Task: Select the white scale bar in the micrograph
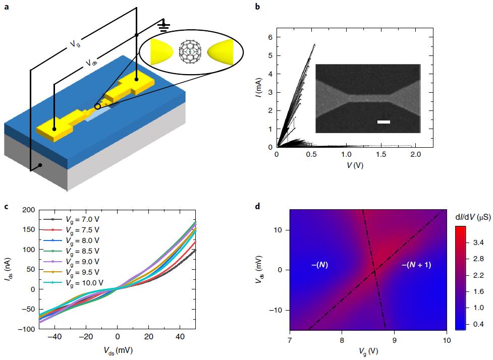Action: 384,122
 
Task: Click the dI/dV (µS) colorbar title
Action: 470,216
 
